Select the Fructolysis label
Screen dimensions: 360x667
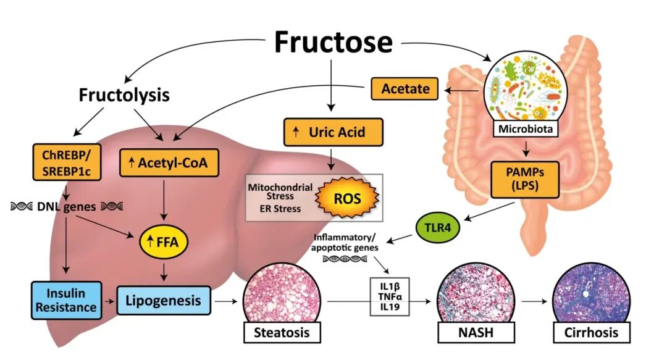click(124, 95)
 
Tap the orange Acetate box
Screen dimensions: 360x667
click(405, 89)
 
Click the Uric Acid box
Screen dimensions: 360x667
click(333, 132)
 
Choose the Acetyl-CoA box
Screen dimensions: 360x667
click(162, 163)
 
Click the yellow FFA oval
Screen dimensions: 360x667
click(162, 241)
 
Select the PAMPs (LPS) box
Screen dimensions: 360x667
click(524, 177)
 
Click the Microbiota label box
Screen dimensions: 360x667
click(524, 130)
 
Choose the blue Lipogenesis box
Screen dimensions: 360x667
click(162, 301)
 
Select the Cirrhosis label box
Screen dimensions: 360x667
click(590, 333)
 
